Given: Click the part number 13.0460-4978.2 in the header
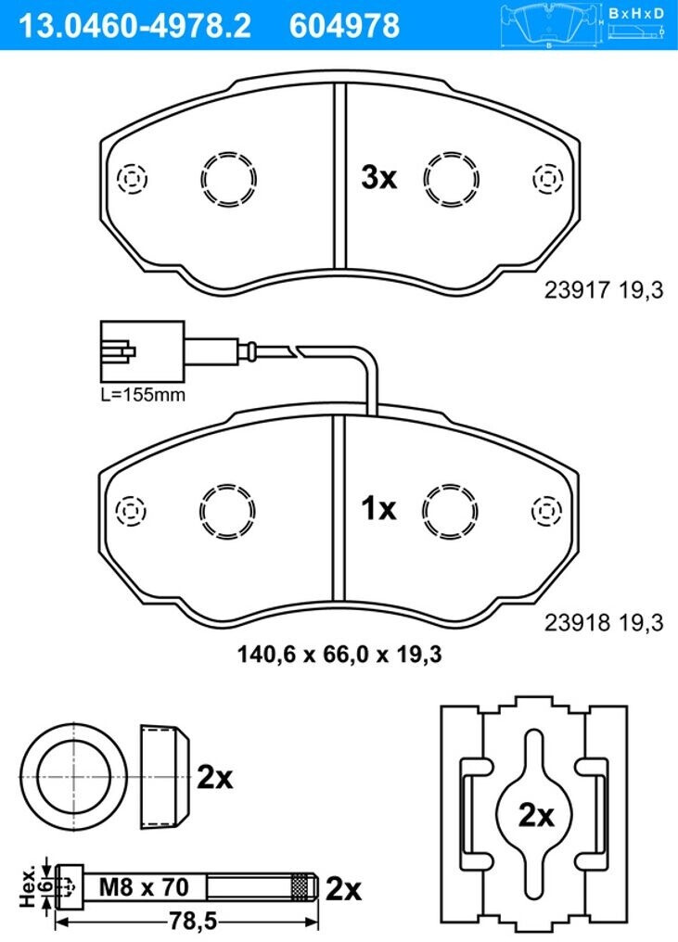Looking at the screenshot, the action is (135, 26).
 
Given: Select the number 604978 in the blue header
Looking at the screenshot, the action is (344, 26).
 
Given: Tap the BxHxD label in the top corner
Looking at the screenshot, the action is (636, 13).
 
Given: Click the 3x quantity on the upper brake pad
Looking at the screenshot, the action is (378, 177).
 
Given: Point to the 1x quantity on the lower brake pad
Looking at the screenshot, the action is (378, 508).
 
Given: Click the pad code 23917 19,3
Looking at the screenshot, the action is (604, 290).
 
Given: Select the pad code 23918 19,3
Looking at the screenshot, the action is (604, 622).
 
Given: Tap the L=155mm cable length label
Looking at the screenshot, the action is (143, 395).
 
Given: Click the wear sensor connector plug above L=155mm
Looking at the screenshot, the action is (143, 350).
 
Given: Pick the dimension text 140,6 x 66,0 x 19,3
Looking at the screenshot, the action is (339, 654).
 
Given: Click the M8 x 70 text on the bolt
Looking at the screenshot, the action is (144, 886).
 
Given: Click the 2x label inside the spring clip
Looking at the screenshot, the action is (535, 815).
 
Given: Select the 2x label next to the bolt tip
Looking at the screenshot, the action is (343, 889).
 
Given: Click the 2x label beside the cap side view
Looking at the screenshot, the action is (214, 778).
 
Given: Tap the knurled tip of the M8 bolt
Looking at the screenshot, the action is (303, 886).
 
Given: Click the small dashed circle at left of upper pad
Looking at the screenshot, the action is (133, 178).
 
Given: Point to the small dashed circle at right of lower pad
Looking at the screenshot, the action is (547, 511).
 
